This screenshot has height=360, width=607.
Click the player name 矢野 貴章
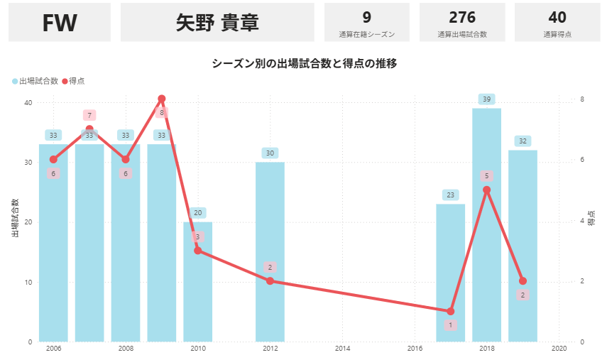tap(217, 22)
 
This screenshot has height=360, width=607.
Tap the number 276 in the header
tap(462, 18)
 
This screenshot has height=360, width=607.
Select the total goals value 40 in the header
tap(557, 18)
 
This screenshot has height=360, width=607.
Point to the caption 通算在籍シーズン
tap(367, 34)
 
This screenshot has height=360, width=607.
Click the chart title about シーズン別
tap(304, 63)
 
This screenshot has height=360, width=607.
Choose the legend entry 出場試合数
tap(38, 82)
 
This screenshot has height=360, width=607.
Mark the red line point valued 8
tap(162, 99)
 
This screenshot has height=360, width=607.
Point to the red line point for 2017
tap(450, 311)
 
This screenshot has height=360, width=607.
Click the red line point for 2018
tap(486, 190)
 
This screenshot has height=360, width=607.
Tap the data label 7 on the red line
tap(89, 115)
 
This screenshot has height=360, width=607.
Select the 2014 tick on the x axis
tap(342, 349)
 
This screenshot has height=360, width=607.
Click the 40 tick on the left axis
tap(28, 102)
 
